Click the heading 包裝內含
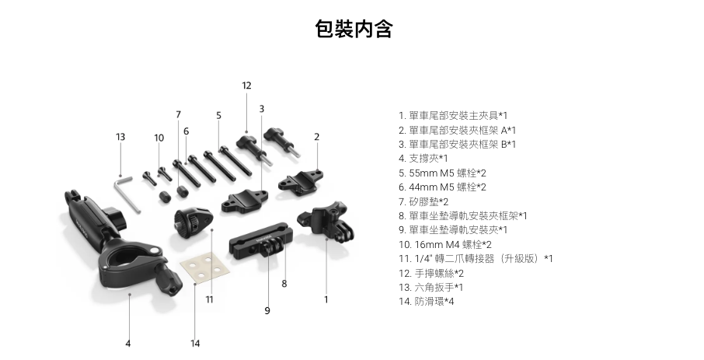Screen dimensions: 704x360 click(x=354, y=30)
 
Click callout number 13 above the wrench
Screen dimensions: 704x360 click(x=120, y=137)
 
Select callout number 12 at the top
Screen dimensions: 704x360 click(x=246, y=86)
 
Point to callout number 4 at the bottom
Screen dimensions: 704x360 click(x=128, y=342)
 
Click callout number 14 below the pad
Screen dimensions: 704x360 click(x=195, y=342)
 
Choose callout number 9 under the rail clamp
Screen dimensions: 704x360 click(x=267, y=309)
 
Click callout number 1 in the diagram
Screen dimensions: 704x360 click(x=326, y=299)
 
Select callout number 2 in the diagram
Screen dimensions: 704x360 click(x=317, y=137)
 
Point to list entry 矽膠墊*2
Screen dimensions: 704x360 click(x=423, y=201)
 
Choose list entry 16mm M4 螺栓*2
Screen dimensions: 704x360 click(x=444, y=244)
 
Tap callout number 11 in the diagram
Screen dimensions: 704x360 click(x=209, y=299)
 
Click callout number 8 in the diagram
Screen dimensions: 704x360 click(x=284, y=284)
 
